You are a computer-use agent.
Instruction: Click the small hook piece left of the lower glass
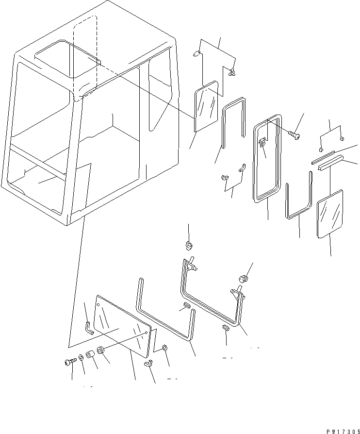88,328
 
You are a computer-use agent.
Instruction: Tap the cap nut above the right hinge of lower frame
244,278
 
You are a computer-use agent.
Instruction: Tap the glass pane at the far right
330,214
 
